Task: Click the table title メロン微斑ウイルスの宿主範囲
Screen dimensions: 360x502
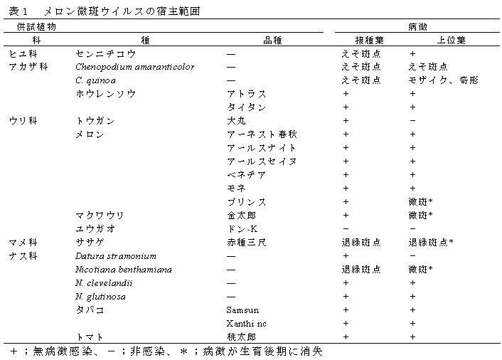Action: coord(122,11)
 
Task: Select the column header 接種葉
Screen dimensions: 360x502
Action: coord(360,40)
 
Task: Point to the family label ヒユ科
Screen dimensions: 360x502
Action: coord(23,53)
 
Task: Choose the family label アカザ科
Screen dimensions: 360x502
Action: coord(28,67)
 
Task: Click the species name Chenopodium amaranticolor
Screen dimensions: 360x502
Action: coord(134,67)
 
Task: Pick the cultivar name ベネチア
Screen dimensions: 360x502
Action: coord(247,175)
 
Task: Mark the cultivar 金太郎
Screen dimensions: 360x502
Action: coord(242,216)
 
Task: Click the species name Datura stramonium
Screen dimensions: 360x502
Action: coord(115,256)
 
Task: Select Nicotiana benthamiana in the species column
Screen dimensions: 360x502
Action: coord(123,270)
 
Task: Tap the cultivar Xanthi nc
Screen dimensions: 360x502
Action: coord(247,324)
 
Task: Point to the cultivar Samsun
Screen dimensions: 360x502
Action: coord(242,310)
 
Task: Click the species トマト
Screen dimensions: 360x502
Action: coord(90,337)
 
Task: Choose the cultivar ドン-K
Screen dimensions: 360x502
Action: coord(242,229)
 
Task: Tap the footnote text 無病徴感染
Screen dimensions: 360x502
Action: coord(56,351)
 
